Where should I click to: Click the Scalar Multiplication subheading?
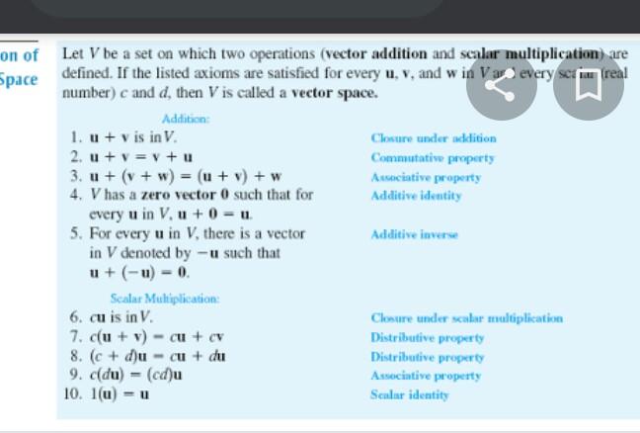click(x=165, y=298)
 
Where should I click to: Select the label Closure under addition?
click(x=434, y=138)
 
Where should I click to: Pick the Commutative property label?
click(x=433, y=158)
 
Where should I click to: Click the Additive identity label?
click(x=416, y=196)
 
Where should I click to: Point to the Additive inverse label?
click(x=414, y=234)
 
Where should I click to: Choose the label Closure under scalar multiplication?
click(x=466, y=318)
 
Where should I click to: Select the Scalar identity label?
click(x=409, y=394)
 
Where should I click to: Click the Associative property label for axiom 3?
click(x=426, y=177)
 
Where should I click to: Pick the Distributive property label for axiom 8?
click(x=427, y=357)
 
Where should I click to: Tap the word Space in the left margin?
click(x=19, y=78)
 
